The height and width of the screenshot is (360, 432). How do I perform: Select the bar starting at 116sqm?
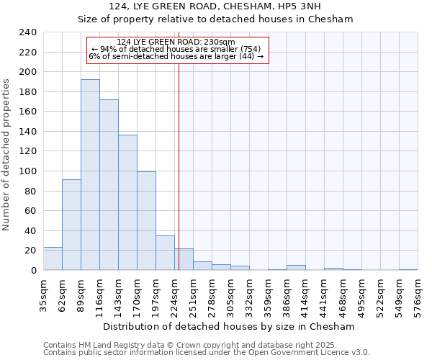pyautogui.click(x=109, y=185)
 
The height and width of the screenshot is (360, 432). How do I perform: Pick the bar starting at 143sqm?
pyautogui.click(x=127, y=202)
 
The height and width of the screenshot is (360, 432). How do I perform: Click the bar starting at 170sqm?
pyautogui.click(x=146, y=221)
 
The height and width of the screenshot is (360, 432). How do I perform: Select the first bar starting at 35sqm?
pyautogui.click(x=53, y=258)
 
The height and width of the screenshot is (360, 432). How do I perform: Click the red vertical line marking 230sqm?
pyautogui.click(x=179, y=144)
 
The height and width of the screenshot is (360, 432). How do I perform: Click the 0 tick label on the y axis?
pyautogui.click(x=33, y=271)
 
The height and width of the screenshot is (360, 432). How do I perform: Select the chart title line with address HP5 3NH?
pyautogui.click(x=215, y=6)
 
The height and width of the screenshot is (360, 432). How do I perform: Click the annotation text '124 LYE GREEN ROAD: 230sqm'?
pyautogui.click(x=176, y=42)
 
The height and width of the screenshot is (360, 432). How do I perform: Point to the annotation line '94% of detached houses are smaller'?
pyautogui.click(x=177, y=49)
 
